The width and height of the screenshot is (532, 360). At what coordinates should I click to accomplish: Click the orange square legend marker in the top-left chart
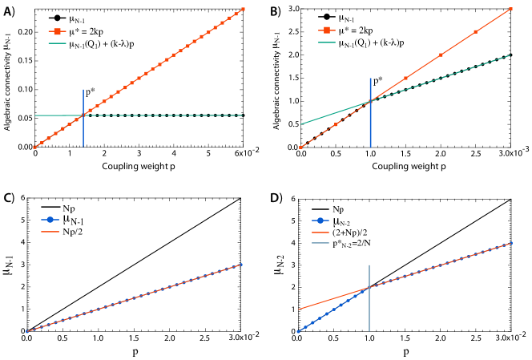pos(57,31)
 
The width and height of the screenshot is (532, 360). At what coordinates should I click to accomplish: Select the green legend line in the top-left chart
pos(57,43)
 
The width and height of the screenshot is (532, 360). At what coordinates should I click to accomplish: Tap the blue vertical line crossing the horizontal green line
pos(83,132)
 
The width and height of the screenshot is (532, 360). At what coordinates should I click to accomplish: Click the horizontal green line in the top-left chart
pos(160,115)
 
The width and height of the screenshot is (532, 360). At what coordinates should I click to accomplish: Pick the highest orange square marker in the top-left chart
pos(243,9)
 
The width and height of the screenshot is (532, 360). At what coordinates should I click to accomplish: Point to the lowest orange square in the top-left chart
pos(34,148)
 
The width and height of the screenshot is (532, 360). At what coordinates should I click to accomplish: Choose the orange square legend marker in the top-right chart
pos(327,30)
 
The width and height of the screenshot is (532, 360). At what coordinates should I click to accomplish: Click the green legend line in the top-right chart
pos(327,42)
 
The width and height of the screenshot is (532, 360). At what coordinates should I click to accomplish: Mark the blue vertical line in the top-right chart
pos(370,128)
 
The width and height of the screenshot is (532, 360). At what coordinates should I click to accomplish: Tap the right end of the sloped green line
pos(510,55)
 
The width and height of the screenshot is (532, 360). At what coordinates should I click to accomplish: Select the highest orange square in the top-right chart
pos(510,9)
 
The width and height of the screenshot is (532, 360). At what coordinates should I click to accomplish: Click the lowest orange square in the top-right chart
pos(300,148)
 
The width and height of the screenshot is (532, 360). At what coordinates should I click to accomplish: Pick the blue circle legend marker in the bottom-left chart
pos(50,220)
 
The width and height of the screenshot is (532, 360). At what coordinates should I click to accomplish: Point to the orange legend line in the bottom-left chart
pos(50,232)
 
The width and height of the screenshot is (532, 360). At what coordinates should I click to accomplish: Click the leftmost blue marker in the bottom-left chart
pos(27,331)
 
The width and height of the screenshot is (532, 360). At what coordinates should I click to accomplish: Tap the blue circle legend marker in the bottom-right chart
pos(320,220)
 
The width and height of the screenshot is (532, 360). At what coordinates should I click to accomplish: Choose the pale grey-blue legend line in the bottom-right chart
pos(320,243)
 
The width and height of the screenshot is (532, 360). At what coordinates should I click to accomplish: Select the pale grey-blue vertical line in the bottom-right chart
pos(369,313)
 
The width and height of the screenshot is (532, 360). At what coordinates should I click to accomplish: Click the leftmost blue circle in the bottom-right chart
pos(298,331)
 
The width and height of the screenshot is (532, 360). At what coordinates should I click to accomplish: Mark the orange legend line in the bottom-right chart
pos(320,232)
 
